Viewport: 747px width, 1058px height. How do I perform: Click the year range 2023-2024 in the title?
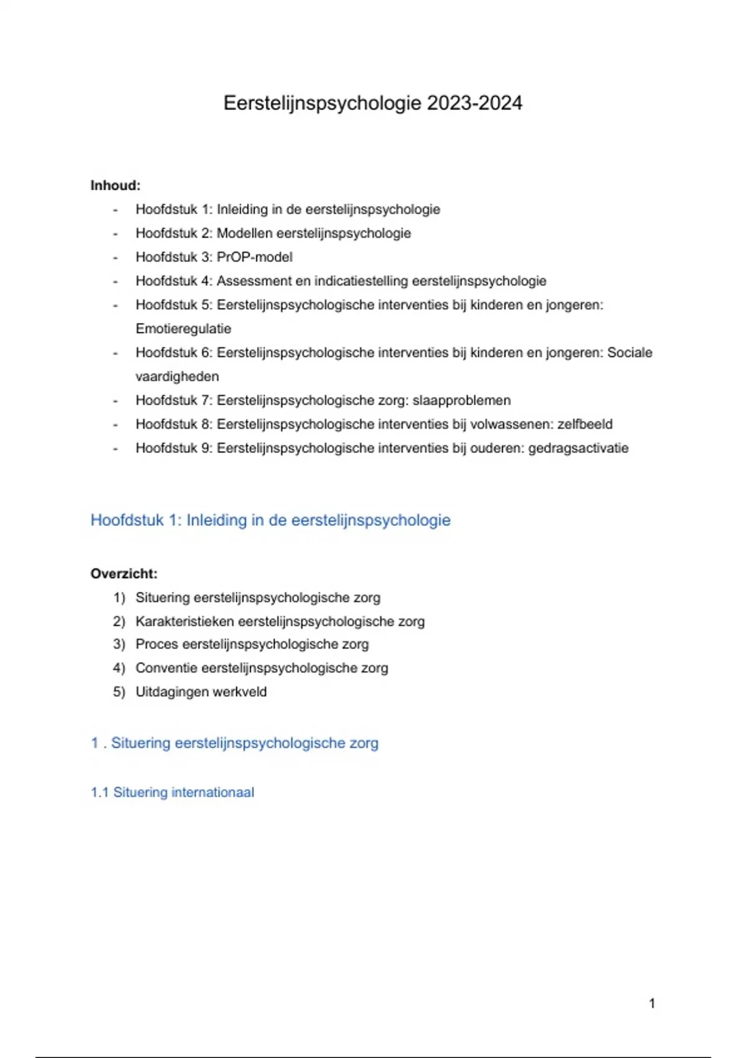[x=474, y=103]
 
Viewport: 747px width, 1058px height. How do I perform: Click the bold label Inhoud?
[x=116, y=185]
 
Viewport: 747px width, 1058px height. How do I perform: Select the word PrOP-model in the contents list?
[x=254, y=257]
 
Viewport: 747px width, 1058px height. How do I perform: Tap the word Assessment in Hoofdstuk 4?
[x=254, y=281]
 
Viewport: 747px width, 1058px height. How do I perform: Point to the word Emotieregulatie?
[x=183, y=329]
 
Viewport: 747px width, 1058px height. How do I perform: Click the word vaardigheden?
[x=177, y=377]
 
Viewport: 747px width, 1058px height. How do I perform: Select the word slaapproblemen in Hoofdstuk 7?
[x=461, y=400]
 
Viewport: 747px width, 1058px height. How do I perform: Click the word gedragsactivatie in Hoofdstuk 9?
[x=578, y=448]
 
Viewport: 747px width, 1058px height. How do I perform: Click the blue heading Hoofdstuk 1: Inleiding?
[x=270, y=520]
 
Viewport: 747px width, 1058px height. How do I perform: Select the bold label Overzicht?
[x=124, y=574]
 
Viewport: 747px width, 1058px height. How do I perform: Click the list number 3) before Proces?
[x=119, y=644]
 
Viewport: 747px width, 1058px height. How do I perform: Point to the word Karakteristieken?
[x=185, y=621]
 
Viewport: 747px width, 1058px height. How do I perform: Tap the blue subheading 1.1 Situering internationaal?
[x=172, y=792]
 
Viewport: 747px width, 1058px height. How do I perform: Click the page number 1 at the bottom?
[x=652, y=1003]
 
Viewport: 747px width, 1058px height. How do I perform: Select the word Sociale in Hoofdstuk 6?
[x=629, y=353]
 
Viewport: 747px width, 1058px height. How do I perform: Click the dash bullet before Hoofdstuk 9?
[x=115, y=448]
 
